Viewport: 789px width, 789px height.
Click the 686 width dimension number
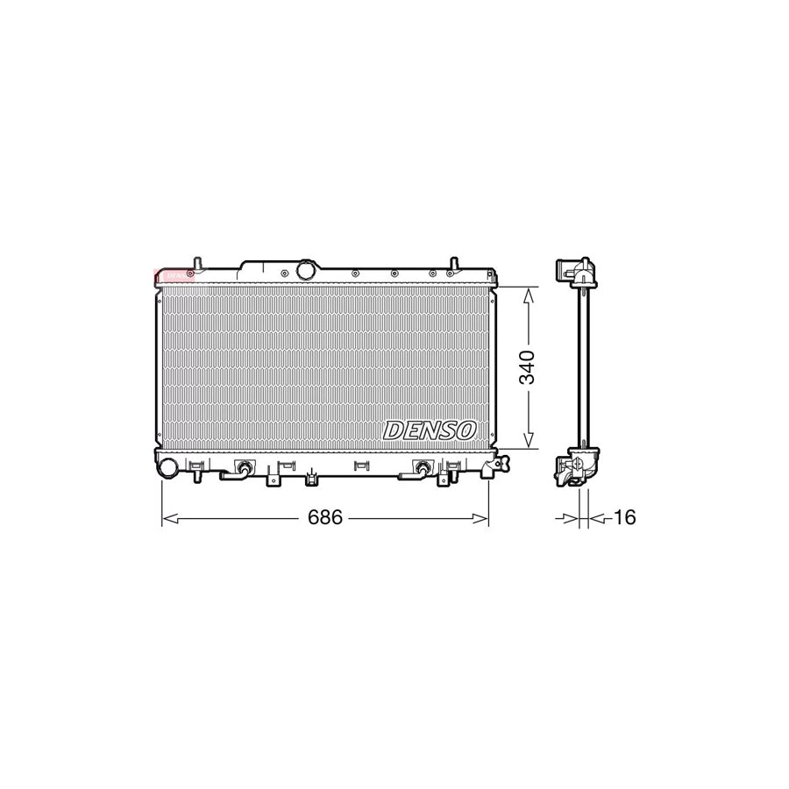(x=324, y=518)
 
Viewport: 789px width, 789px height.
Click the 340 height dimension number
(x=526, y=368)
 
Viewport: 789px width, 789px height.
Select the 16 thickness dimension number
(x=623, y=518)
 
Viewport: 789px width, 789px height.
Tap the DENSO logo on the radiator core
(x=430, y=430)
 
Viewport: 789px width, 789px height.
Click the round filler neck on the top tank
(x=305, y=270)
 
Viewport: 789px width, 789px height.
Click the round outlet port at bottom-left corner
(x=167, y=468)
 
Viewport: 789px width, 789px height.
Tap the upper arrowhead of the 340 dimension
(x=527, y=295)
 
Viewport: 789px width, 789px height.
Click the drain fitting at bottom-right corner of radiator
(x=487, y=468)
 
